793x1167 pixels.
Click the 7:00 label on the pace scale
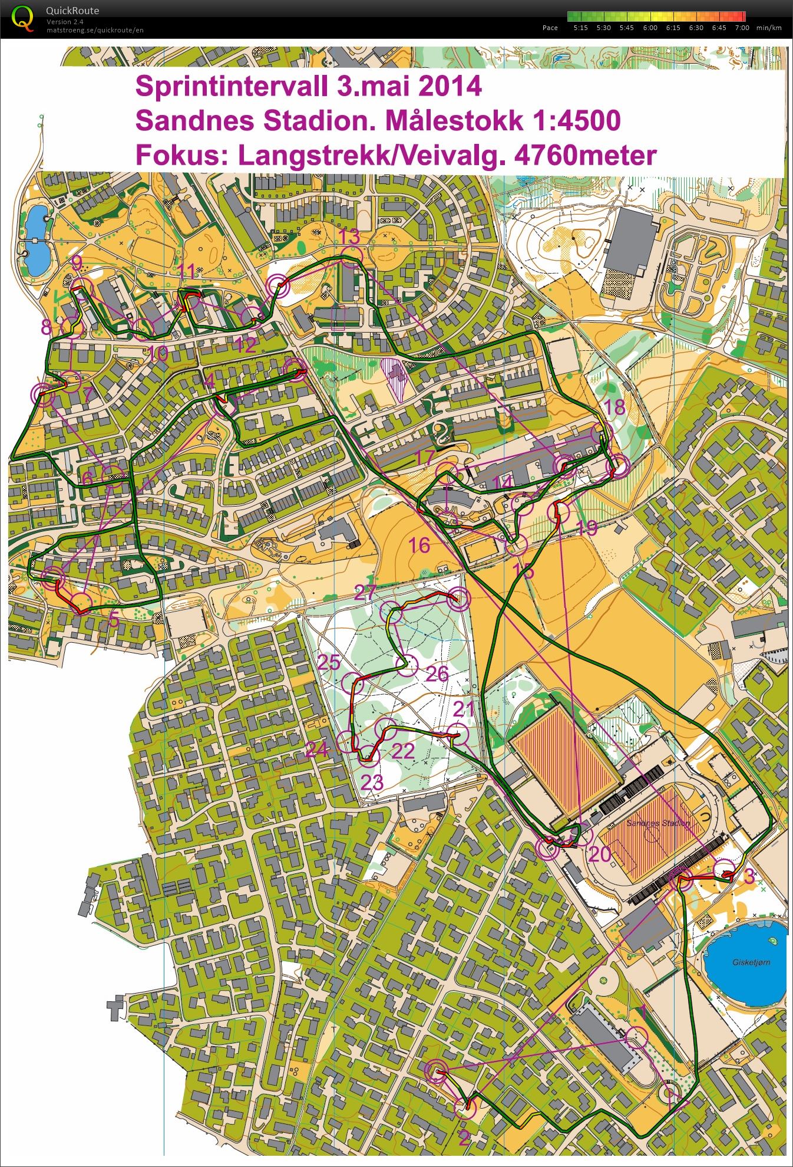pyautogui.click(x=742, y=28)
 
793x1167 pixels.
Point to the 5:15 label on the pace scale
pyautogui.click(x=580, y=28)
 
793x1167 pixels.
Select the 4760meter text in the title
pyautogui.click(x=586, y=156)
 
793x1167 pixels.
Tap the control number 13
pyautogui.click(x=349, y=237)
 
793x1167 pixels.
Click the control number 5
pyautogui.click(x=113, y=619)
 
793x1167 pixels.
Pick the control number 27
pyautogui.click(x=365, y=592)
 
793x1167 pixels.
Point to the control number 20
pyautogui.click(x=600, y=854)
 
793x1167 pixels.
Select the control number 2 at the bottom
pyautogui.click(x=464, y=1138)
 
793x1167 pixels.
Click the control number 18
pyautogui.click(x=614, y=406)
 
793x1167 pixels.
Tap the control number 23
pyautogui.click(x=372, y=783)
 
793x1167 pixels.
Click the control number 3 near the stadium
pyautogui.click(x=749, y=876)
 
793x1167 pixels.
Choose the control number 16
pyautogui.click(x=419, y=545)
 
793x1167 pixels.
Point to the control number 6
pyautogui.click(x=87, y=478)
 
